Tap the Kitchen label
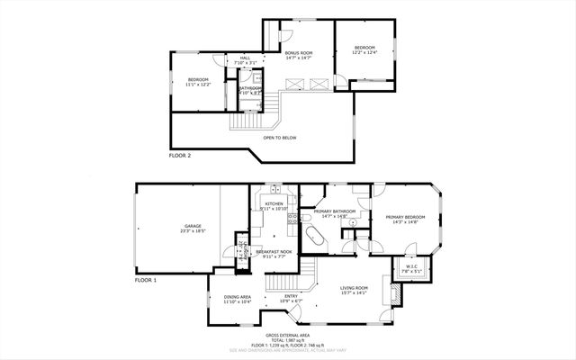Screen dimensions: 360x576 pos(274,204)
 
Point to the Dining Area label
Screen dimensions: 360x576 pos(238,297)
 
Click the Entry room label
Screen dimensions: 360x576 pos(292,297)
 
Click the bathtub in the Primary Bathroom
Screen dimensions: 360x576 pos(314,237)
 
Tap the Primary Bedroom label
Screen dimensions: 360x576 pos(405,218)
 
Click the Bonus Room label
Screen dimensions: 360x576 pos(299,53)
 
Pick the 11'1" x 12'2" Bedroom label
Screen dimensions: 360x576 pos(198,80)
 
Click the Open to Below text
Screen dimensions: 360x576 pos(280,138)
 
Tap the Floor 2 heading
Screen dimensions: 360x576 pos(180,156)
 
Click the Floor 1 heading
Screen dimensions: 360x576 pos(146,280)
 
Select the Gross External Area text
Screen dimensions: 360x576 pos(288,334)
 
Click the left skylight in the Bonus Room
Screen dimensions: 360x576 pos(292,84)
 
